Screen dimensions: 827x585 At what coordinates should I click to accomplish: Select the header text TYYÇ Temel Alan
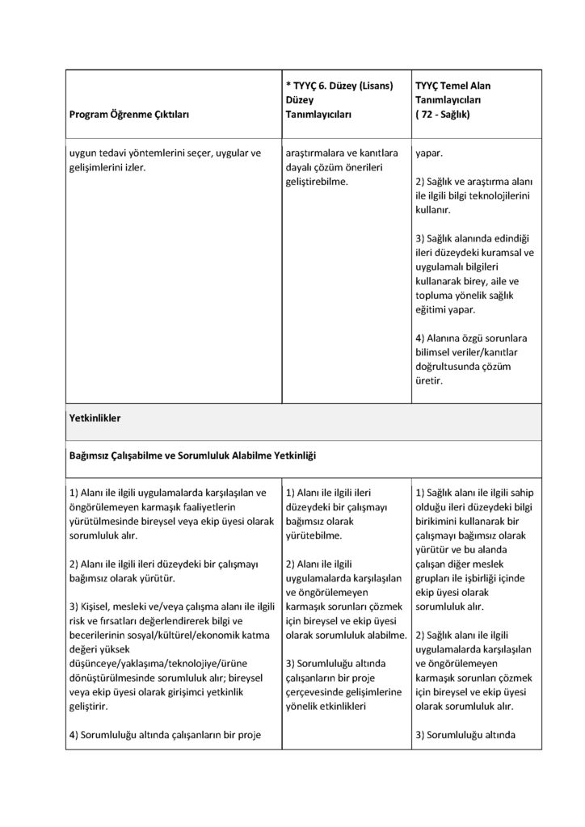coord(452,85)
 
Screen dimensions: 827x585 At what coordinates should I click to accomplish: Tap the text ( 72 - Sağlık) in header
coord(447,115)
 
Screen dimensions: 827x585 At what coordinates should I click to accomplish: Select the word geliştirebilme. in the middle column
coord(317,182)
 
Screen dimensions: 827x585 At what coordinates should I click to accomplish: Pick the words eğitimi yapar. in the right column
coord(445,309)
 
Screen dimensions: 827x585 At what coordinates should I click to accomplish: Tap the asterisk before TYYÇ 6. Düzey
coord(288,86)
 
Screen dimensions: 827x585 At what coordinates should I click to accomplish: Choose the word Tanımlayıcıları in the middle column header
coord(318,115)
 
